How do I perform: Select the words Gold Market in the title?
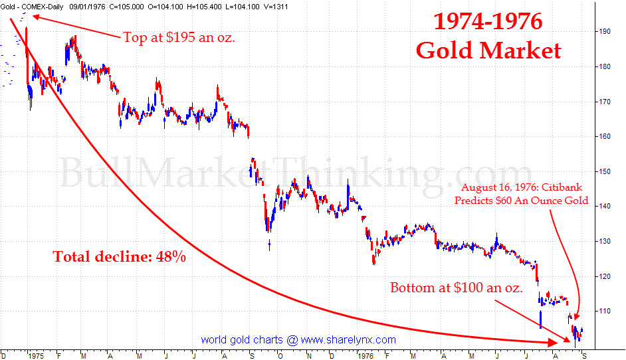coord(488,50)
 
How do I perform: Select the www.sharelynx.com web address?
coord(348,340)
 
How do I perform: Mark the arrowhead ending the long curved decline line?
coord(554,342)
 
